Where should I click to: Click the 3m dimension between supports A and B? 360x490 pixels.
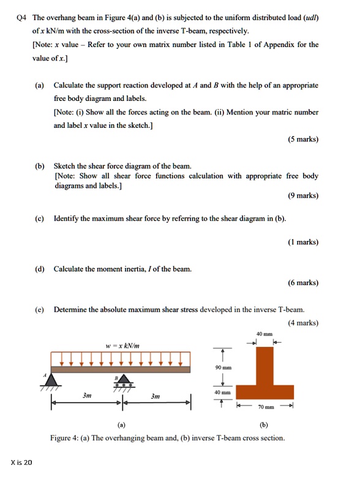click(x=88, y=396)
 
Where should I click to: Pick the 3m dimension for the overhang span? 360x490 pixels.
click(x=156, y=396)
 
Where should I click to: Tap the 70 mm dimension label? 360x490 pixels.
click(x=265, y=406)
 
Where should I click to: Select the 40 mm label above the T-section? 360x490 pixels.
click(x=260, y=333)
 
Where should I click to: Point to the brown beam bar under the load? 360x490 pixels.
click(x=120, y=369)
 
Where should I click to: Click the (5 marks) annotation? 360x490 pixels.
click(x=302, y=139)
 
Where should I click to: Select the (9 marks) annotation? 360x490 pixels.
click(x=302, y=196)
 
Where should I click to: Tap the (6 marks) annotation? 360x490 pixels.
click(x=302, y=283)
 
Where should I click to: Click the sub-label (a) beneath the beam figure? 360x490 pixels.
click(x=121, y=423)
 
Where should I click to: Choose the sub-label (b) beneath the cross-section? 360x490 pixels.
click(x=263, y=423)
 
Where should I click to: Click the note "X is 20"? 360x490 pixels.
click(x=21, y=462)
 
